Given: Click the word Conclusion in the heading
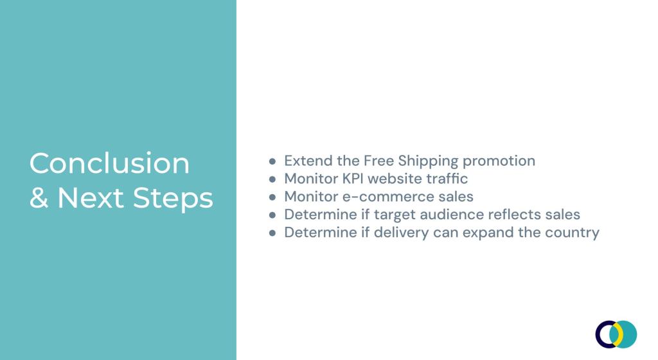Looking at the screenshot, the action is [x=109, y=163].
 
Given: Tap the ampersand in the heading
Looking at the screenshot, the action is [x=39, y=197].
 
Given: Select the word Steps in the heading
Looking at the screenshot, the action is [x=173, y=199].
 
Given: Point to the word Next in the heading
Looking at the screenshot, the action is [x=90, y=198].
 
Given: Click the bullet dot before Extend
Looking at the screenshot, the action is [x=272, y=161].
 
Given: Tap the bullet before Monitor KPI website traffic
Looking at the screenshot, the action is [x=272, y=179].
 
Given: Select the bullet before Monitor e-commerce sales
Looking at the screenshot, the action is [x=272, y=197].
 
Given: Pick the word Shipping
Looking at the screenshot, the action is [x=428, y=161].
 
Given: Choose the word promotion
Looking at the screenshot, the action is [x=499, y=161].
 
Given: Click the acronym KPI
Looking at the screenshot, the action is [x=353, y=179].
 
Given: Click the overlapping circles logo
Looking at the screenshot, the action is [x=616, y=334].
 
